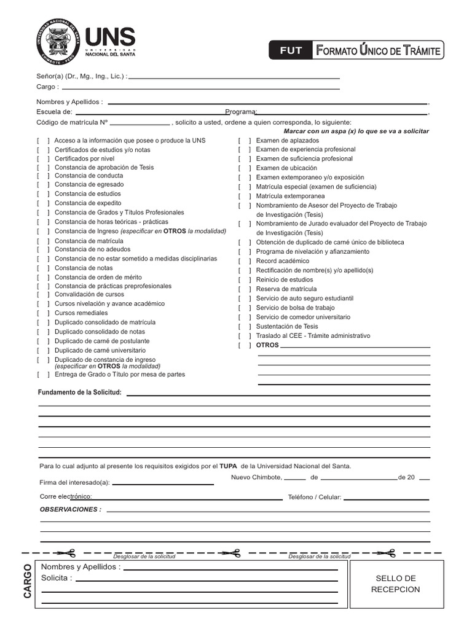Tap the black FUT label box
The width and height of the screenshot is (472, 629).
tap(291, 50)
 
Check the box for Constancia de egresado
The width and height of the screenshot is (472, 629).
tap(43, 185)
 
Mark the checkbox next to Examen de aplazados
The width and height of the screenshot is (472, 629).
tap(245, 141)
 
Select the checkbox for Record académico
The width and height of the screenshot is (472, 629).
tap(245, 262)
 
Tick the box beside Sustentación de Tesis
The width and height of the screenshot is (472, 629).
tap(245, 327)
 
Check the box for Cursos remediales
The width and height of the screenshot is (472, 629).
tap(43, 313)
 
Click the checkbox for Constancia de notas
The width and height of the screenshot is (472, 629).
tap(43, 268)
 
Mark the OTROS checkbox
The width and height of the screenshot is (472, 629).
tap(245, 345)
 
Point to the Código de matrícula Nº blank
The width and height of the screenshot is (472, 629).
tap(140, 123)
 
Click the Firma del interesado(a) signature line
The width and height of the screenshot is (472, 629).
tap(163, 483)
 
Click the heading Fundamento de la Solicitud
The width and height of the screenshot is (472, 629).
tap(80, 392)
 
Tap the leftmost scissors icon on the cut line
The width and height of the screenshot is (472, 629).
tap(66, 553)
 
